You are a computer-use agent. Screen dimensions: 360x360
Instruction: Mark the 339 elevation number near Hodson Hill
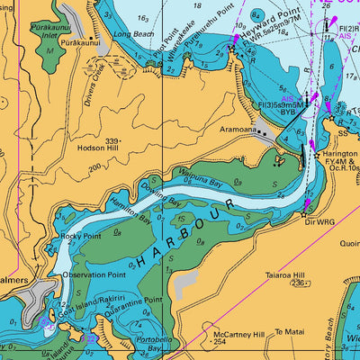point(112,141)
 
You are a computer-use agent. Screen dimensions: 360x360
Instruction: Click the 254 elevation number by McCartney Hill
point(220,342)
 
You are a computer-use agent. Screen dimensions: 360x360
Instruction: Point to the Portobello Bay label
point(148,345)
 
